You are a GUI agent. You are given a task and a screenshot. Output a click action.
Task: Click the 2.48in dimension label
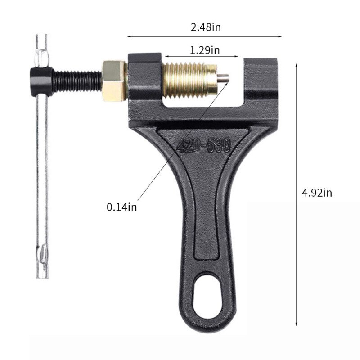point(206,27)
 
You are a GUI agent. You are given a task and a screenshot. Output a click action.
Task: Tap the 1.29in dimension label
point(205,50)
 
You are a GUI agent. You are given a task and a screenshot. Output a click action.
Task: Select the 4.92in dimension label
point(316,193)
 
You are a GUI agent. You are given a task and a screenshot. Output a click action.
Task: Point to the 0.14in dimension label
point(121,207)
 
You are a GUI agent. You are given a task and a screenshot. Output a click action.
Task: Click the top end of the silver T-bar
point(41,38)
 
